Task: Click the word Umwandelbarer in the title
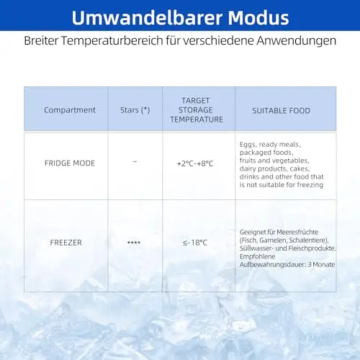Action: tap(147, 18)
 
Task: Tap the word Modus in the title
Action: tap(258, 18)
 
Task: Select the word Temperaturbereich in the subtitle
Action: tap(112, 41)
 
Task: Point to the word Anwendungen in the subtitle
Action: tap(297, 41)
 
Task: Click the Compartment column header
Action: tap(70, 110)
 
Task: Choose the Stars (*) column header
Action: tap(135, 110)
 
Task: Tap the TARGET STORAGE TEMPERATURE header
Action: tap(197, 110)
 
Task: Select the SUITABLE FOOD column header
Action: tap(281, 111)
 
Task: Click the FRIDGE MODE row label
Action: tap(70, 163)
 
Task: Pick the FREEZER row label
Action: tap(66, 243)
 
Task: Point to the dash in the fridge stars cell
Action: tap(135, 162)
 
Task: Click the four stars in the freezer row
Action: tap(134, 243)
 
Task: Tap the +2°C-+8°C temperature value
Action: tap(195, 163)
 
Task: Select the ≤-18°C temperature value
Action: tap(195, 243)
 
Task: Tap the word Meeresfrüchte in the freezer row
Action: tap(297, 232)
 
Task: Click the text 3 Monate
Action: tap(321, 264)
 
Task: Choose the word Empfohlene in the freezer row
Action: tap(257, 256)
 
